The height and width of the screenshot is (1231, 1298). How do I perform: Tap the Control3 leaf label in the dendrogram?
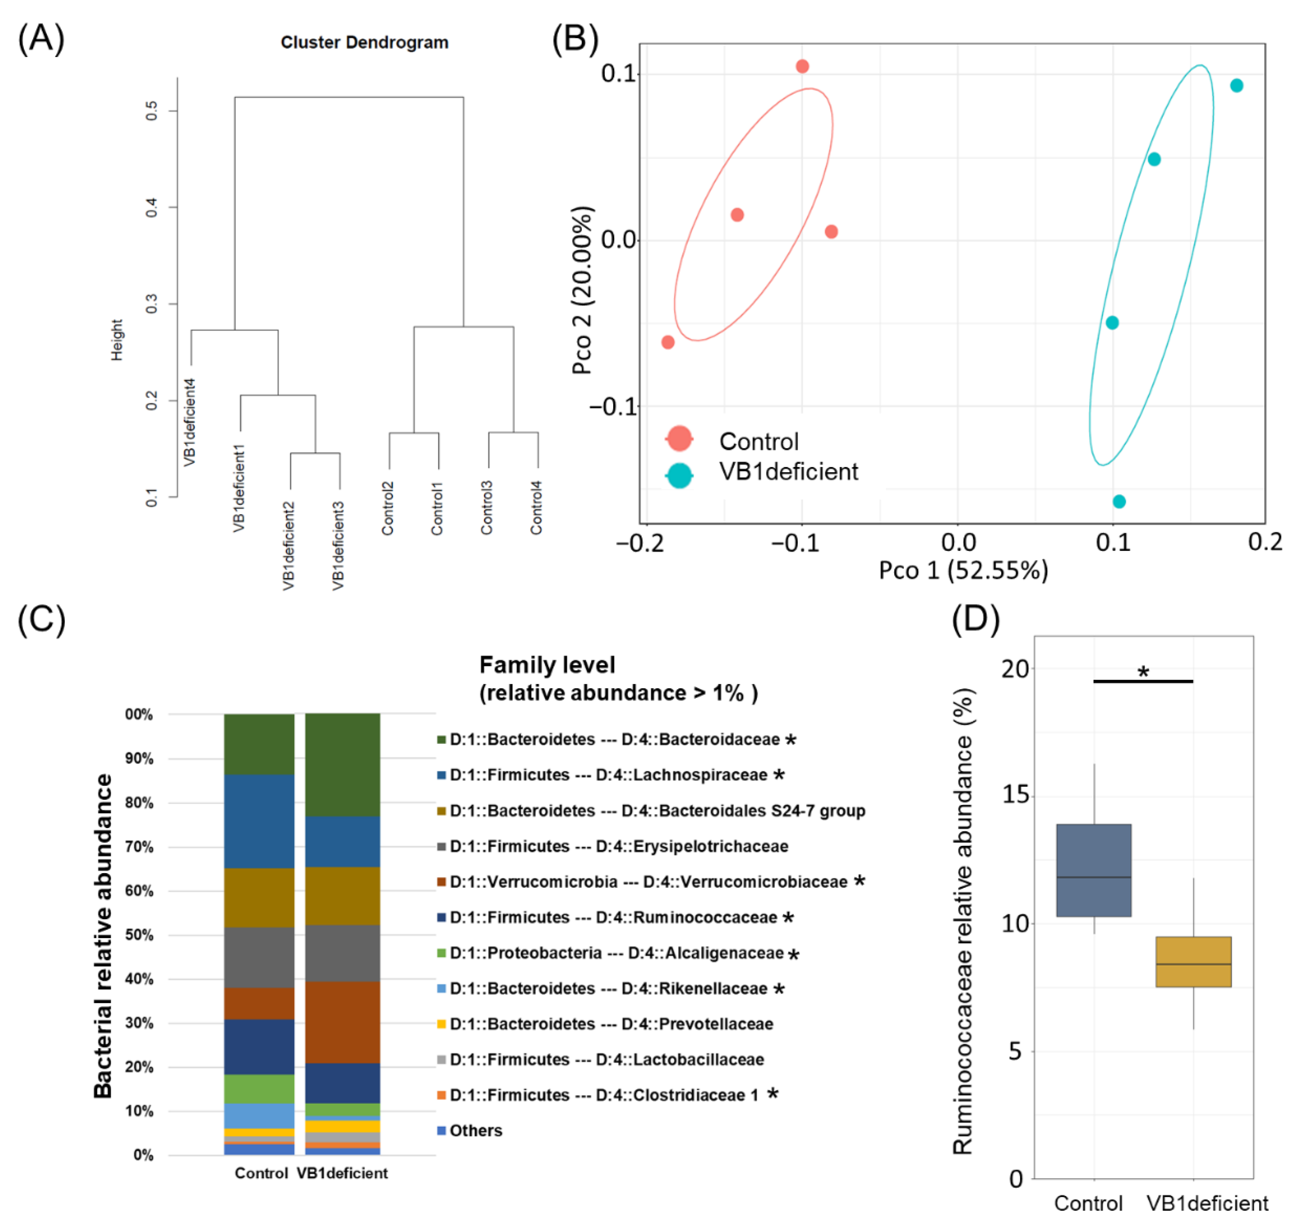[x=486, y=507]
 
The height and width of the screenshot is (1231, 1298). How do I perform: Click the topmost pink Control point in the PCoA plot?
[x=802, y=66]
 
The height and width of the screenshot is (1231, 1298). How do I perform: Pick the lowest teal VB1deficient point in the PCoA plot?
[x=1119, y=501]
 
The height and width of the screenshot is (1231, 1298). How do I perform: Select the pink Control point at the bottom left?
[x=668, y=342]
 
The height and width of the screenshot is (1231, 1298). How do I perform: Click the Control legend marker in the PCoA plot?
[x=679, y=438]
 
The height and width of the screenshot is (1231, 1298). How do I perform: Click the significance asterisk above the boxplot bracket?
[x=1143, y=671]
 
